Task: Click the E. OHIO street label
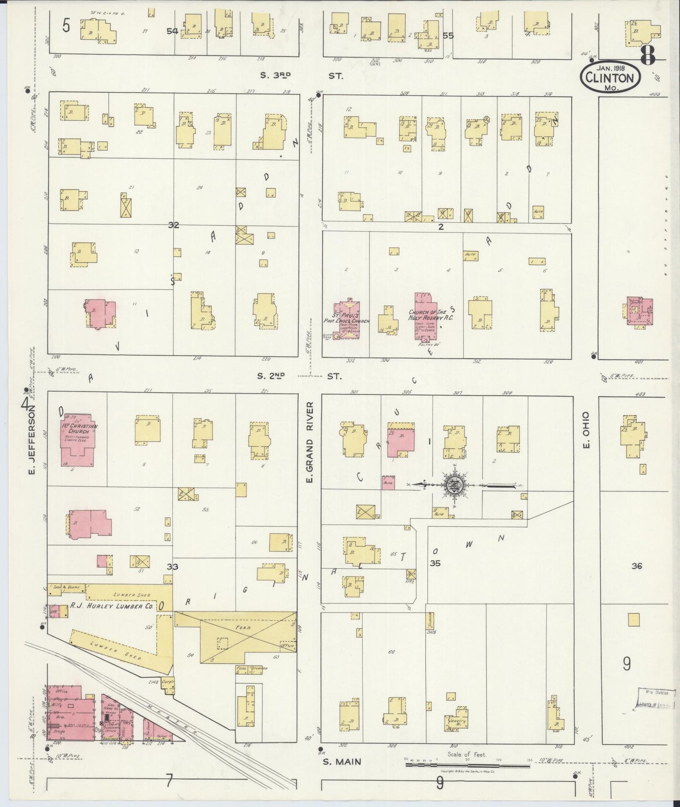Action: [586, 430]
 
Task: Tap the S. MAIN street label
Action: [342, 761]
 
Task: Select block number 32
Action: [174, 225]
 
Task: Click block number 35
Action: [435, 563]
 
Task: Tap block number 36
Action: [636, 566]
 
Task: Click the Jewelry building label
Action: [456, 721]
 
